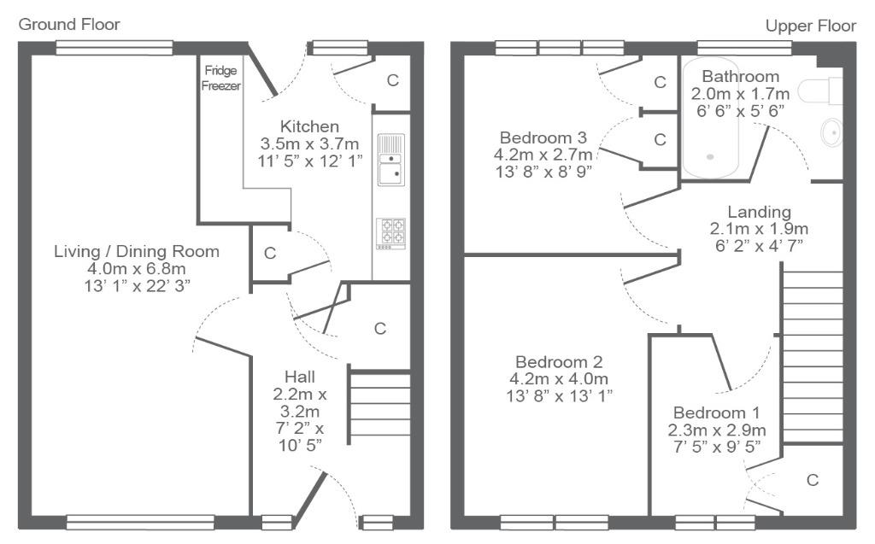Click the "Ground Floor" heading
pos(69,25)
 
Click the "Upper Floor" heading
pos(810,26)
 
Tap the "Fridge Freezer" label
pos(221,78)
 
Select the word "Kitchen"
pos(309,126)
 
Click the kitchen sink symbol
pos(391,160)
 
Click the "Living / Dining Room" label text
pos(137,252)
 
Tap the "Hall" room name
pos(300,377)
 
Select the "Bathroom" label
pos(741,77)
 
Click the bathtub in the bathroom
pos(710,118)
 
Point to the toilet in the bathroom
pos(820,91)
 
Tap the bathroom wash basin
pos(831,132)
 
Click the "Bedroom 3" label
pos(543,137)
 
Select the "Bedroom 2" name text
pos(559,362)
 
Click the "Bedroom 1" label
pos(717,412)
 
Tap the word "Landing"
pos(760,212)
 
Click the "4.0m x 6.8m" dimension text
pos(137,269)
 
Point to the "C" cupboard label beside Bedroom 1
pos(813,480)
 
